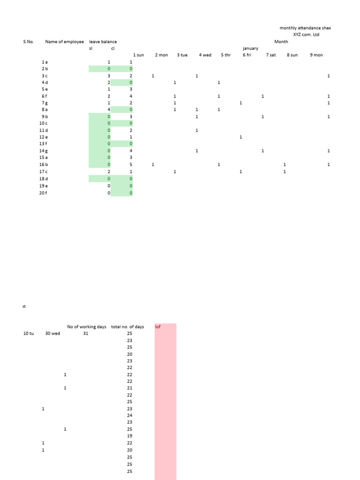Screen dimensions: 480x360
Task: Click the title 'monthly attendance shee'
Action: pos(305,28)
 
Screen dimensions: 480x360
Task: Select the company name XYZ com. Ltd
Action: pos(306,35)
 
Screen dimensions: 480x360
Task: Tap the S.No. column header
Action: pos(29,42)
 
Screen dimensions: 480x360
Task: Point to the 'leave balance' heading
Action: pos(103,42)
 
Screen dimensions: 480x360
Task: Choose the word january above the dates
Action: pos(250,48)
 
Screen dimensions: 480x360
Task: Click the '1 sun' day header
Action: pos(139,55)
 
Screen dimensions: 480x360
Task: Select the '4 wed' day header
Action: pos(205,55)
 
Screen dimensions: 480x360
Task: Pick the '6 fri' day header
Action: pos(247,55)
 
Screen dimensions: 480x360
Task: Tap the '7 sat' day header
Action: pos(271,55)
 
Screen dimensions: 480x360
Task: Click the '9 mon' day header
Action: pos(316,55)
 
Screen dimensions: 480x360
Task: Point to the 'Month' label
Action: pos(281,42)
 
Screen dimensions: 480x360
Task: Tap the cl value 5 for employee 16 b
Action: pos(131,165)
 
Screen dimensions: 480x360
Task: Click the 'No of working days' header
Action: pos(87,327)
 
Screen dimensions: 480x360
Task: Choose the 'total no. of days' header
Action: pos(127,327)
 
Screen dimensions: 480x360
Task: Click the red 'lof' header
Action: pos(158,327)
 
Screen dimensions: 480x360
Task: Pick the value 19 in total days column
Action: pos(130,436)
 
